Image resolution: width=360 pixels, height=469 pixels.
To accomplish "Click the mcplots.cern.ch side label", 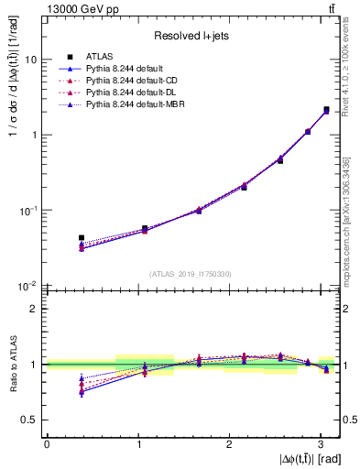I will [x=352, y=220].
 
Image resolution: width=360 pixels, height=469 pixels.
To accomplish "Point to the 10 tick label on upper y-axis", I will [x=30, y=60].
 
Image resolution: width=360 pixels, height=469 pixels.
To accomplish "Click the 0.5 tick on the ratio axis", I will [x=29, y=420].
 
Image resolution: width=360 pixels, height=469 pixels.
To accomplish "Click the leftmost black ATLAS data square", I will [x=82, y=238].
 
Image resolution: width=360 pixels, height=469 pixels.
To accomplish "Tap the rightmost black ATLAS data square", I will [x=326, y=110].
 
